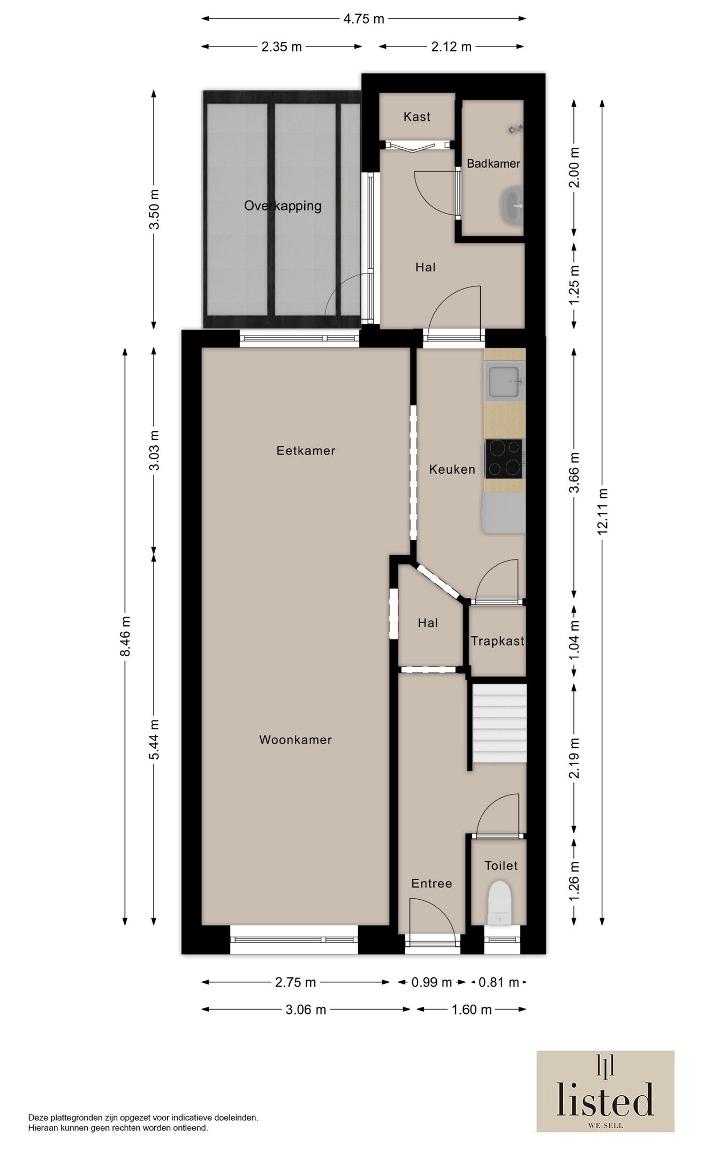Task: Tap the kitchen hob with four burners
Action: pyautogui.click(x=504, y=459)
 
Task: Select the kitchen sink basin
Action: pyautogui.click(x=504, y=381)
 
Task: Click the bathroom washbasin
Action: pyautogui.click(x=512, y=204)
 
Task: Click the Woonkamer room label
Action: pyautogui.click(x=296, y=740)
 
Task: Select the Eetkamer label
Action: pyautogui.click(x=306, y=451)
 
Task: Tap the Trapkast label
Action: pyautogui.click(x=497, y=641)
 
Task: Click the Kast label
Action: pyautogui.click(x=417, y=117)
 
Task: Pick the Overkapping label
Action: pyautogui.click(x=283, y=206)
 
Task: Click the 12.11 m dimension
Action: pyautogui.click(x=602, y=512)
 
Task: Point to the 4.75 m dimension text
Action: pyautogui.click(x=363, y=19)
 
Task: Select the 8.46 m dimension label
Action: pyautogui.click(x=125, y=636)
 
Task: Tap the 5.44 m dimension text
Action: pyautogui.click(x=154, y=740)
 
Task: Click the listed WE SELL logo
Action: pyautogui.click(x=605, y=1091)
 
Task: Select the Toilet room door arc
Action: pyautogui.click(x=498, y=814)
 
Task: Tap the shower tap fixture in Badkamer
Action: pyautogui.click(x=516, y=128)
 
